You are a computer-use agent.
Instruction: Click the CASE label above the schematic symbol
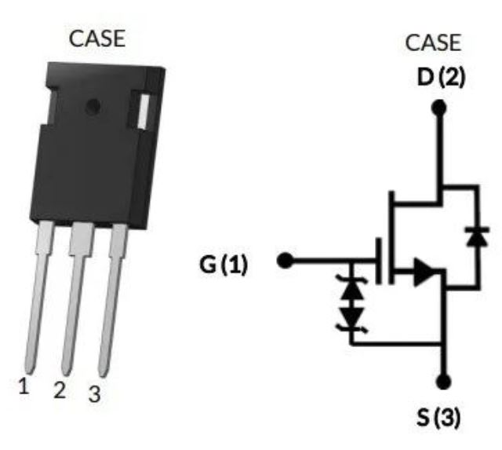[x=433, y=42]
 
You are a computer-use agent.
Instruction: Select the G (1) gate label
[x=223, y=265]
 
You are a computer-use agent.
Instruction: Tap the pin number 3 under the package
[x=94, y=395]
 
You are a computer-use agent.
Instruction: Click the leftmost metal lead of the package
[x=38, y=298]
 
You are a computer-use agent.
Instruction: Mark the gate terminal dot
[x=286, y=260]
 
